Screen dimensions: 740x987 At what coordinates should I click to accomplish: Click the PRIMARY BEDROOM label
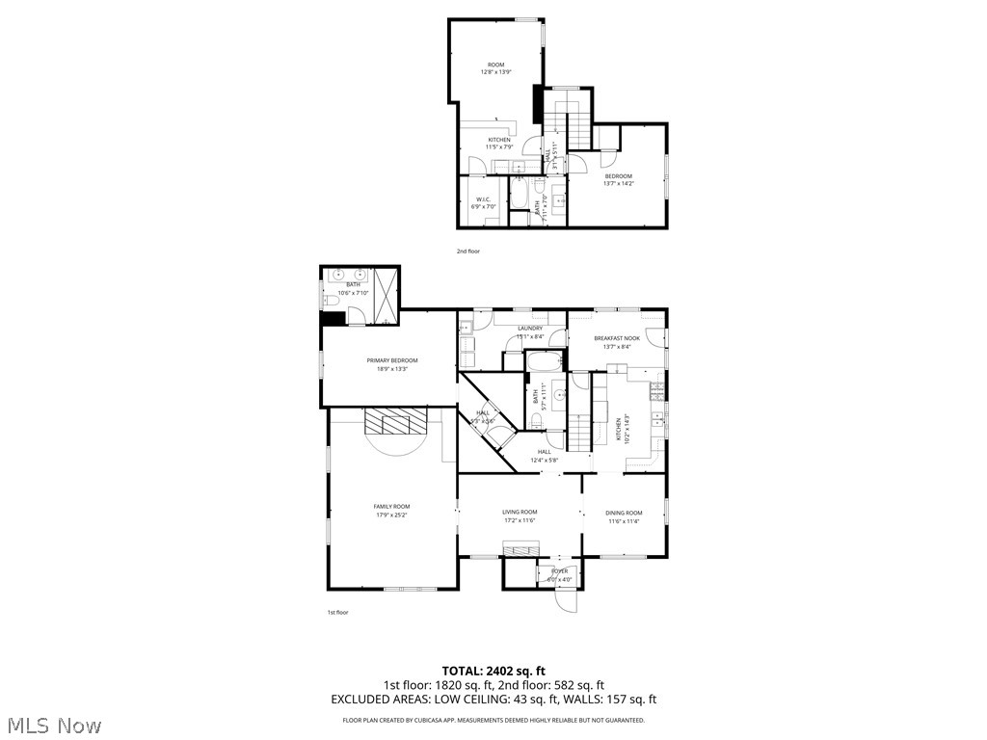[x=392, y=360]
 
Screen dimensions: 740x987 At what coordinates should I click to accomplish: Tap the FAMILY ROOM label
[x=391, y=506]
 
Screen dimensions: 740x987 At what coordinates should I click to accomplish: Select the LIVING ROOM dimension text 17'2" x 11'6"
[x=520, y=520]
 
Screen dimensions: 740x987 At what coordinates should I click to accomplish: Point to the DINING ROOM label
[x=624, y=513]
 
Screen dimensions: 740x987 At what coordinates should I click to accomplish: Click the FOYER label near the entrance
[x=559, y=571]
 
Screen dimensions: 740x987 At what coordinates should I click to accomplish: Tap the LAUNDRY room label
[x=530, y=329]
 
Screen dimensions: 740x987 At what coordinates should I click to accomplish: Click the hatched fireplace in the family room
[x=394, y=423]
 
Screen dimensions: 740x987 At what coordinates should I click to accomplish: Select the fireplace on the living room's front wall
[x=520, y=548]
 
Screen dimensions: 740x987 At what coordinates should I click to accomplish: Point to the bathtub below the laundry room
[x=546, y=363]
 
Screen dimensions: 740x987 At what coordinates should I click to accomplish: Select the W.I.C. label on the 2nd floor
[x=483, y=198]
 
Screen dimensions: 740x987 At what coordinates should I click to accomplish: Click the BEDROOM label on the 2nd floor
[x=618, y=175]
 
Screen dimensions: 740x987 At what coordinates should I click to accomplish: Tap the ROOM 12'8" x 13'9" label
[x=495, y=68]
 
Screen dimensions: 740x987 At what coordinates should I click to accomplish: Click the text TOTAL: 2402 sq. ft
[x=493, y=671]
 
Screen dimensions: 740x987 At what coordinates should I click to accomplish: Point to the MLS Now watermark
[x=52, y=725]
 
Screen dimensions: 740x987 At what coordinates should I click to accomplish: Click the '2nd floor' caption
[x=467, y=251]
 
